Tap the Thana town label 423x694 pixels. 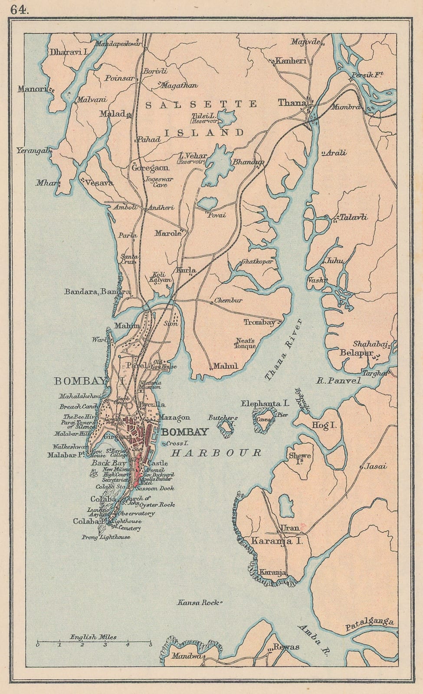tap(292, 103)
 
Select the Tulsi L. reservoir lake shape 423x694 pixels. tap(226, 117)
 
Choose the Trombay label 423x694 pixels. tap(259, 322)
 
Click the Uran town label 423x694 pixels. tap(290, 528)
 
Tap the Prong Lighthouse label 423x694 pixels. tap(105, 537)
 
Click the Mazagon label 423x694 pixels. tap(174, 417)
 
